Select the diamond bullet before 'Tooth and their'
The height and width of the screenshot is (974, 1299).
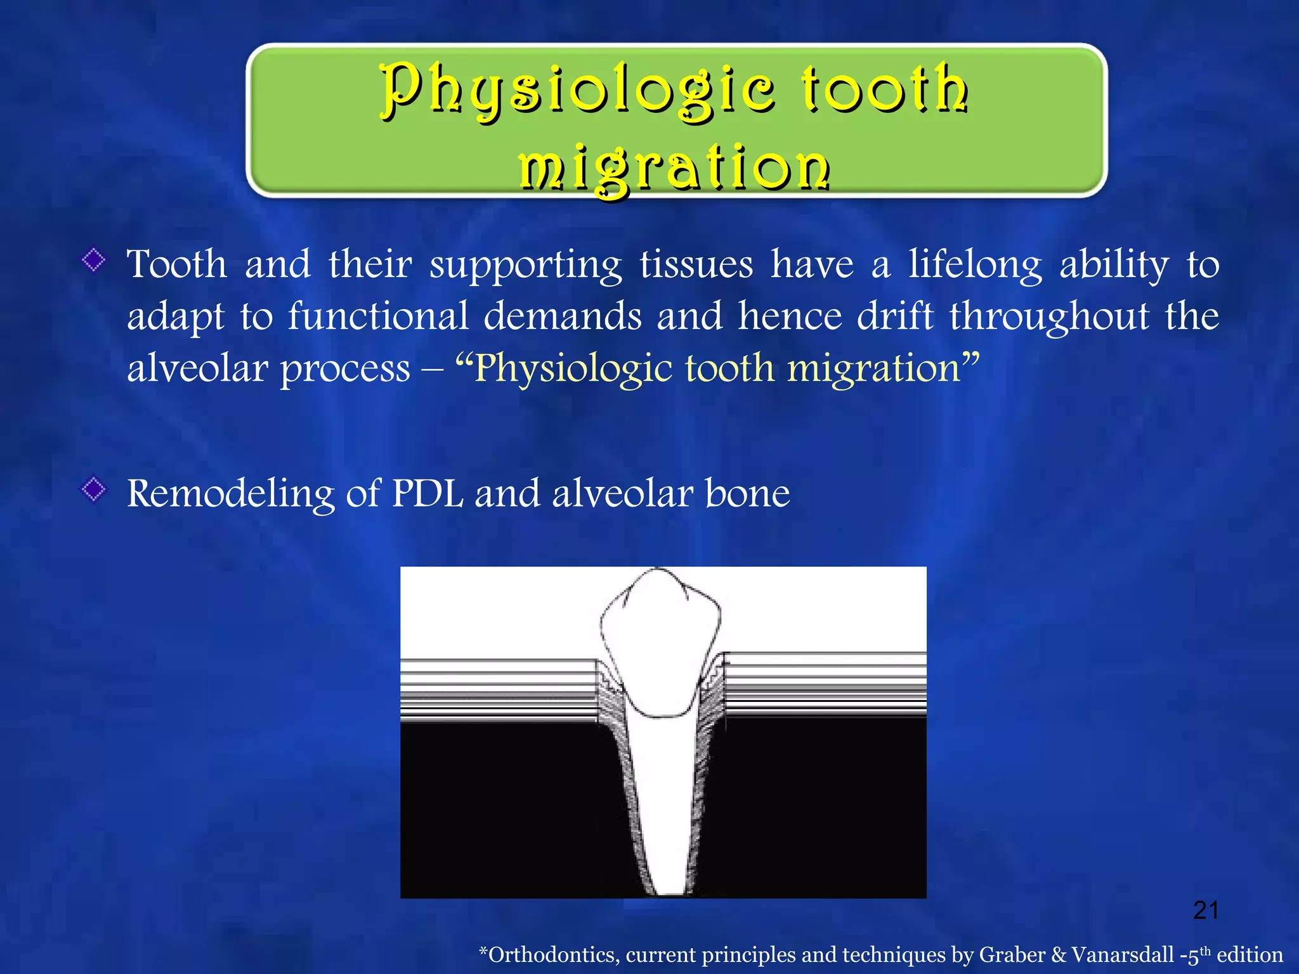(94, 260)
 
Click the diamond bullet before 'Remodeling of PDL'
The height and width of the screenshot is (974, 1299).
(94, 489)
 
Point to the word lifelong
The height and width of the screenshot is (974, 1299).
(975, 264)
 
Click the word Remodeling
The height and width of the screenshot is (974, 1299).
(230, 494)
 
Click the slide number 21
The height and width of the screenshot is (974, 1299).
(1206, 911)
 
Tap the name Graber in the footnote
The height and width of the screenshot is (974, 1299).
(1012, 954)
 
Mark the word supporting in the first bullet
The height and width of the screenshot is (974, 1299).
(525, 266)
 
